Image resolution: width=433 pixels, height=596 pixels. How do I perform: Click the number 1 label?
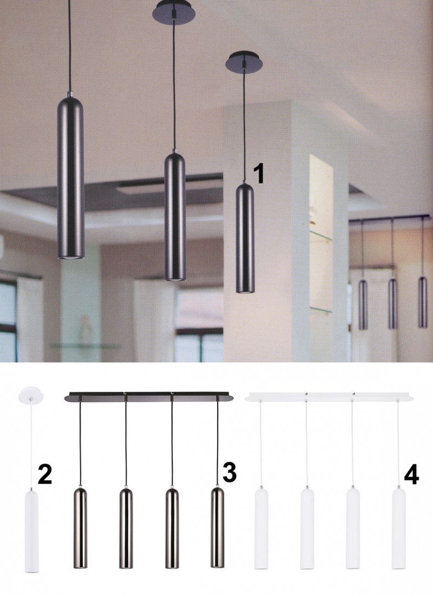click(x=259, y=174)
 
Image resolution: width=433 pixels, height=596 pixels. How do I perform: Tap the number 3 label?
click(x=229, y=472)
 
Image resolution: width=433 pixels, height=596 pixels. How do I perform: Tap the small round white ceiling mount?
click(x=30, y=394)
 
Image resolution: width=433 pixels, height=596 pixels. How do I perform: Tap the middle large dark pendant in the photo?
click(x=175, y=216)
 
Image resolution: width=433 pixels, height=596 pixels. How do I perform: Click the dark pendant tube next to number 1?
click(x=244, y=238)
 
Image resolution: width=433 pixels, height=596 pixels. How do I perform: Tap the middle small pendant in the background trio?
click(x=392, y=304)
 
